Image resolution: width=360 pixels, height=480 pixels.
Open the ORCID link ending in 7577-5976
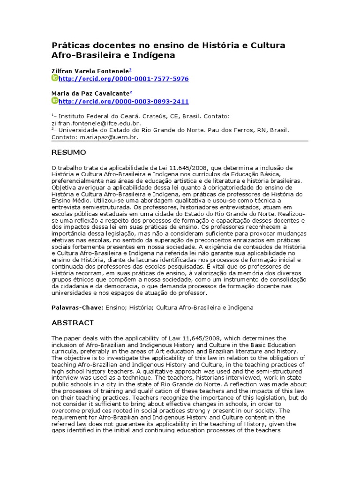pos(124,79)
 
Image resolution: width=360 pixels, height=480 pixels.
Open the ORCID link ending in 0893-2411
pos(124,101)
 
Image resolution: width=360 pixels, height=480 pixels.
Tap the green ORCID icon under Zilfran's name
pos(55,78)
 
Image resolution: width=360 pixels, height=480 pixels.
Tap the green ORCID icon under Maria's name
pos(55,101)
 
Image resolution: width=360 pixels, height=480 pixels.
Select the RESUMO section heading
pos(68,153)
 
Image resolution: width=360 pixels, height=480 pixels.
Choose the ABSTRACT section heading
pos(72,323)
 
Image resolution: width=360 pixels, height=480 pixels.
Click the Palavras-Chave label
pos(75,307)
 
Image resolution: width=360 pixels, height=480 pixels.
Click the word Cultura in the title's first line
pos(265,45)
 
